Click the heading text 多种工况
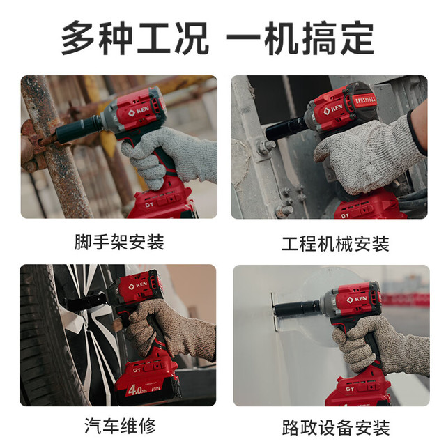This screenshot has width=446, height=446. [x=135, y=38]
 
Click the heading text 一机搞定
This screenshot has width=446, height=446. [x=300, y=38]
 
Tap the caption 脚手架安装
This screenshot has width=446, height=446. [x=119, y=243]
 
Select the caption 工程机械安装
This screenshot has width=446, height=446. [x=335, y=244]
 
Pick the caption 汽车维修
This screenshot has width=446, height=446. [x=120, y=426]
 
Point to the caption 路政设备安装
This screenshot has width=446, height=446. [x=336, y=427]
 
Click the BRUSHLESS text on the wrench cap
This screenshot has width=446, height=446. [x=365, y=100]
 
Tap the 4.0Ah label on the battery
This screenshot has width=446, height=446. [x=138, y=390]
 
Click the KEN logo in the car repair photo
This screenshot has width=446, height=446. [x=138, y=285]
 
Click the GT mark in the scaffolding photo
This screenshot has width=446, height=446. [x=149, y=204]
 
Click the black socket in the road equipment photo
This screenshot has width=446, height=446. [x=297, y=309]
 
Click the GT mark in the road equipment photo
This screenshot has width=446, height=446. [x=350, y=389]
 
